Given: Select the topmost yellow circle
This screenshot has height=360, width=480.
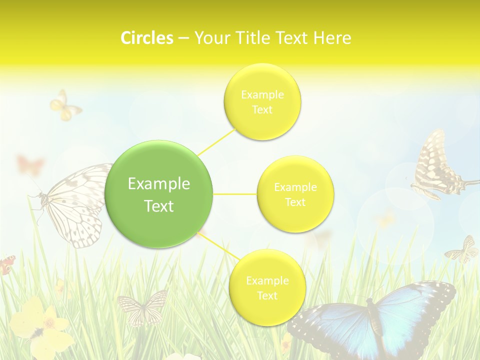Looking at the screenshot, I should [x=262, y=101].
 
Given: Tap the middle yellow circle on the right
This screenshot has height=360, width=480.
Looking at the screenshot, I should [x=295, y=194].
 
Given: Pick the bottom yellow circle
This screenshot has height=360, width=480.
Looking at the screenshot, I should [x=267, y=287].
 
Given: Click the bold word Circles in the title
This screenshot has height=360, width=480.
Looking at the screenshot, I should [x=146, y=38].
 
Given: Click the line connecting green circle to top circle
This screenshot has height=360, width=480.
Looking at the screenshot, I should [x=216, y=141].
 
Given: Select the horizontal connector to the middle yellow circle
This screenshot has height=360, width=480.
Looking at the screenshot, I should [x=235, y=194].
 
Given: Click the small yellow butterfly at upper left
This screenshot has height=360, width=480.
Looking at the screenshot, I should [x=64, y=106].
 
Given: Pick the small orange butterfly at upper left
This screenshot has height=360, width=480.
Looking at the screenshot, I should [x=30, y=164].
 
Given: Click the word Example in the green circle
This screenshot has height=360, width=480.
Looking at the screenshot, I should [x=159, y=184].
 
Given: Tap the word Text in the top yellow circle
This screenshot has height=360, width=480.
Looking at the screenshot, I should [x=262, y=110].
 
